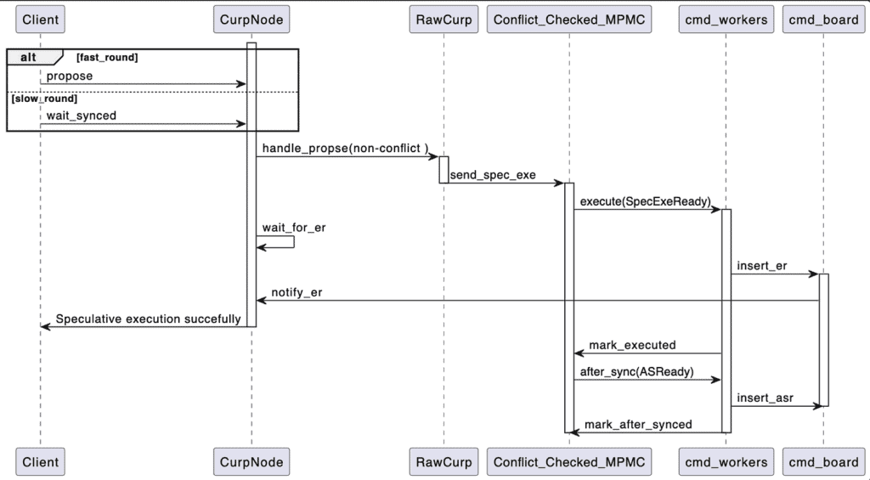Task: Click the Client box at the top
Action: (x=41, y=20)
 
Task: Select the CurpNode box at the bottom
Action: (x=251, y=462)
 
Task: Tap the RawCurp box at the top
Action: (x=443, y=20)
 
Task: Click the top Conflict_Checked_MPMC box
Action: (x=569, y=20)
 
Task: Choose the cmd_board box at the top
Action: (x=823, y=20)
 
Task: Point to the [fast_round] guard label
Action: (x=106, y=56)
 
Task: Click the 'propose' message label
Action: (x=70, y=76)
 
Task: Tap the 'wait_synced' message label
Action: (x=82, y=116)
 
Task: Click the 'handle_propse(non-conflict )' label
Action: (x=345, y=148)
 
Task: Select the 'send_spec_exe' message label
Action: (x=493, y=174)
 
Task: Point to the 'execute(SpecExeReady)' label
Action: (x=646, y=201)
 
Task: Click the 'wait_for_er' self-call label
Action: (x=294, y=228)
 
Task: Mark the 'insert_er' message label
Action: (x=762, y=266)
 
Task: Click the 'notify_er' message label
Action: (x=297, y=292)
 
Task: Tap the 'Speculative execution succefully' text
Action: (x=148, y=319)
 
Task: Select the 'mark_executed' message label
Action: (x=632, y=345)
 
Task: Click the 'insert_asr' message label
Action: (x=765, y=398)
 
